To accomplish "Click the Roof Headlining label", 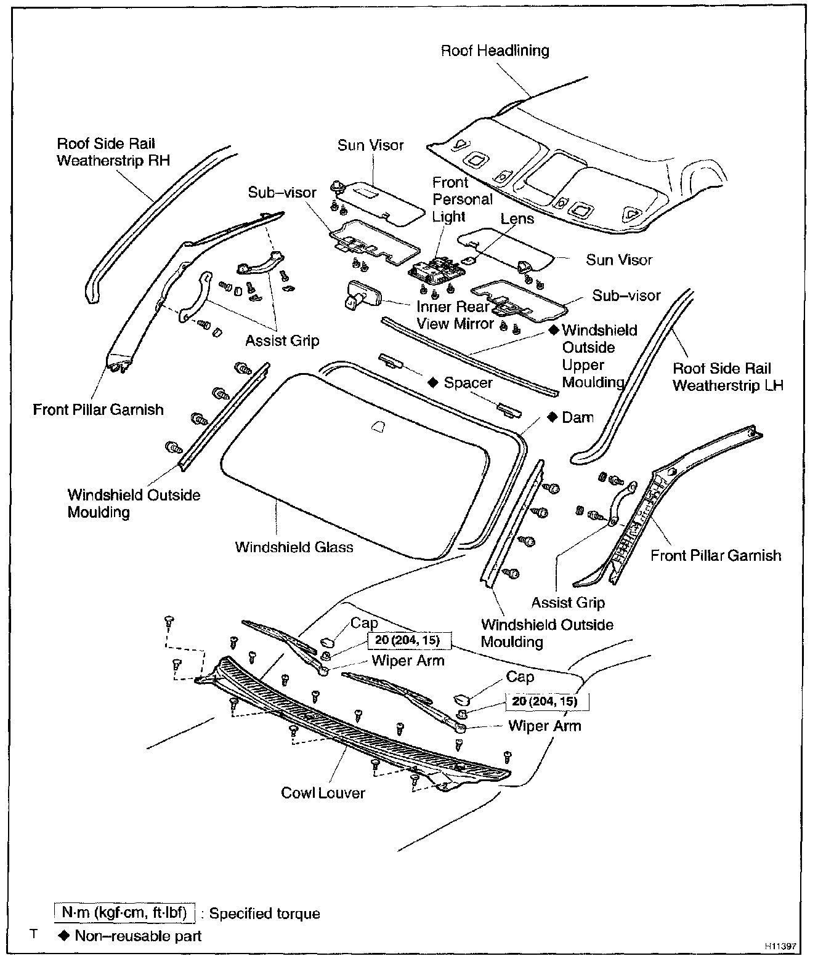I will click(x=495, y=50).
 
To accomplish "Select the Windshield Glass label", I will click(x=294, y=547).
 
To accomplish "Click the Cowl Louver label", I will click(x=323, y=793).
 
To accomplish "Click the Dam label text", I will click(x=578, y=417).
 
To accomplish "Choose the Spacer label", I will click(x=468, y=383).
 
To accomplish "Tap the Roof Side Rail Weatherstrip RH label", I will click(x=113, y=152).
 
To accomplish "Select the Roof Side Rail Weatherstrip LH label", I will click(x=727, y=377).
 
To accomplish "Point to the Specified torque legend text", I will click(x=265, y=914).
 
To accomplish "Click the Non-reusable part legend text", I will click(x=138, y=936).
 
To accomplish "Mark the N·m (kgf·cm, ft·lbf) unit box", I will click(x=124, y=913).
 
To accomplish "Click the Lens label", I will click(x=517, y=219).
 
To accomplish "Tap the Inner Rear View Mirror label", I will click(x=455, y=315).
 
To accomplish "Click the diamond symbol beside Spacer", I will click(x=433, y=382).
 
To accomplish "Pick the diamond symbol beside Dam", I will click(x=552, y=417).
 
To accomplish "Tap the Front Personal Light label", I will click(x=462, y=199).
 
